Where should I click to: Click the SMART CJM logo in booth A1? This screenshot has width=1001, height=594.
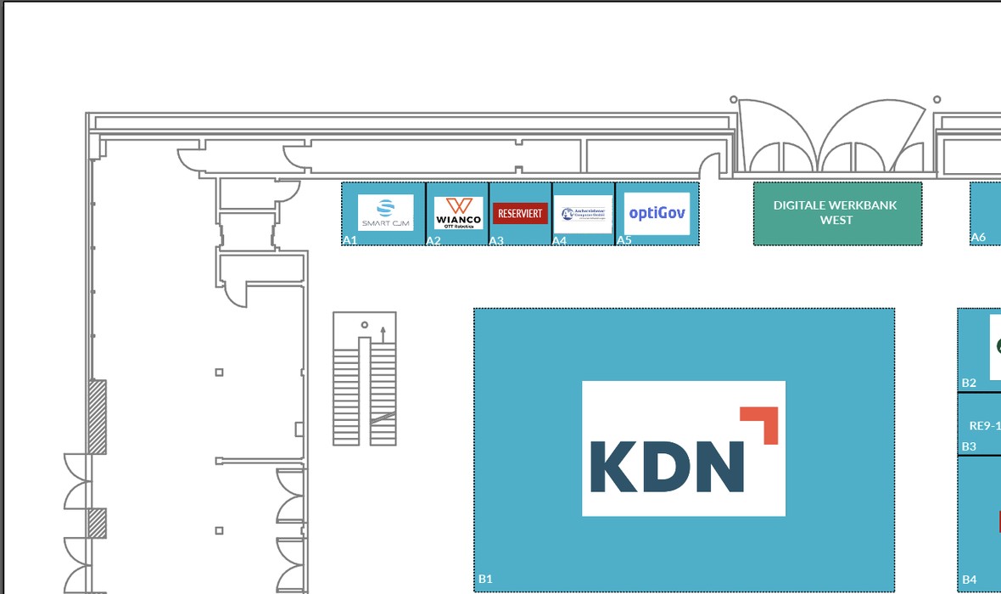[x=385, y=212]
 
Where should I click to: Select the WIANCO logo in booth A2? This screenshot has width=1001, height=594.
[x=458, y=212]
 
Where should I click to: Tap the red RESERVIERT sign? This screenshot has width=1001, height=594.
[x=520, y=213]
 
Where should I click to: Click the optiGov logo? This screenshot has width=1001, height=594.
[x=657, y=213]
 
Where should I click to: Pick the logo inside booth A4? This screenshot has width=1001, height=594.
[x=583, y=214]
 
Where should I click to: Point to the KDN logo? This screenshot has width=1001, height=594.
[x=683, y=448]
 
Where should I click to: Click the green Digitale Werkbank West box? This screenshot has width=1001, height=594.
[x=837, y=214]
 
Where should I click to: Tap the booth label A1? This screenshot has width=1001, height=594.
[x=350, y=240]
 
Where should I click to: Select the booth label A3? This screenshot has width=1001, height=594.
[x=496, y=241]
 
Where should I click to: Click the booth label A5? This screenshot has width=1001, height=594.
[x=624, y=240]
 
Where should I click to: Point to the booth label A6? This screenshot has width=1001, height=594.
[x=978, y=238]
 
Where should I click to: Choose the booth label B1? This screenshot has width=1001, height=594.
[x=484, y=580]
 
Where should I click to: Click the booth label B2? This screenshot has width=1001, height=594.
[x=969, y=383]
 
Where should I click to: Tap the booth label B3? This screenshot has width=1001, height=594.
[x=969, y=446]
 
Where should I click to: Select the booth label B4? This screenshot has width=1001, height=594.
[x=969, y=580]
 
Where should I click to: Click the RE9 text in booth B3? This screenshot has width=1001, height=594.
[x=984, y=427]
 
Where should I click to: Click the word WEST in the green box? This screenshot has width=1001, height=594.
[x=836, y=221]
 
